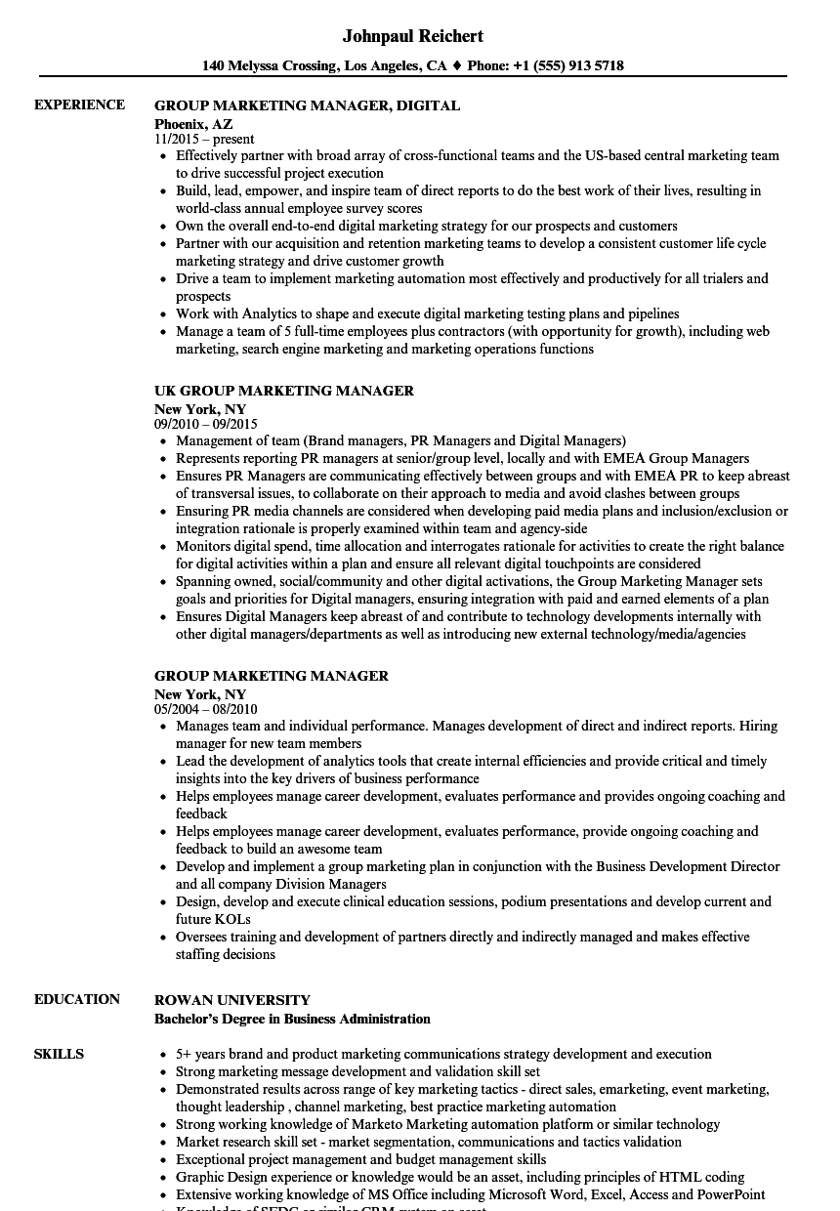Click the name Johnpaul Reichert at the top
(413, 36)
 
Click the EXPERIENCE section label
(79, 104)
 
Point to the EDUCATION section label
(77, 999)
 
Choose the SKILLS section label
(59, 1054)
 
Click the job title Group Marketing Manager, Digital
(307, 105)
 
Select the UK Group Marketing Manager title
(284, 391)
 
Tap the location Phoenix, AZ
(193, 124)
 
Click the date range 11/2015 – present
(204, 139)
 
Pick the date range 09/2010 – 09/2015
(206, 424)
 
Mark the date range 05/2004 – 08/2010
(206, 709)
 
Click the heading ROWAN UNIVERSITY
(232, 1000)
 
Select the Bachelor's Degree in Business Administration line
(292, 1019)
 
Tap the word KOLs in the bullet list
(232, 919)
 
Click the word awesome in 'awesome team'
(315, 849)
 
